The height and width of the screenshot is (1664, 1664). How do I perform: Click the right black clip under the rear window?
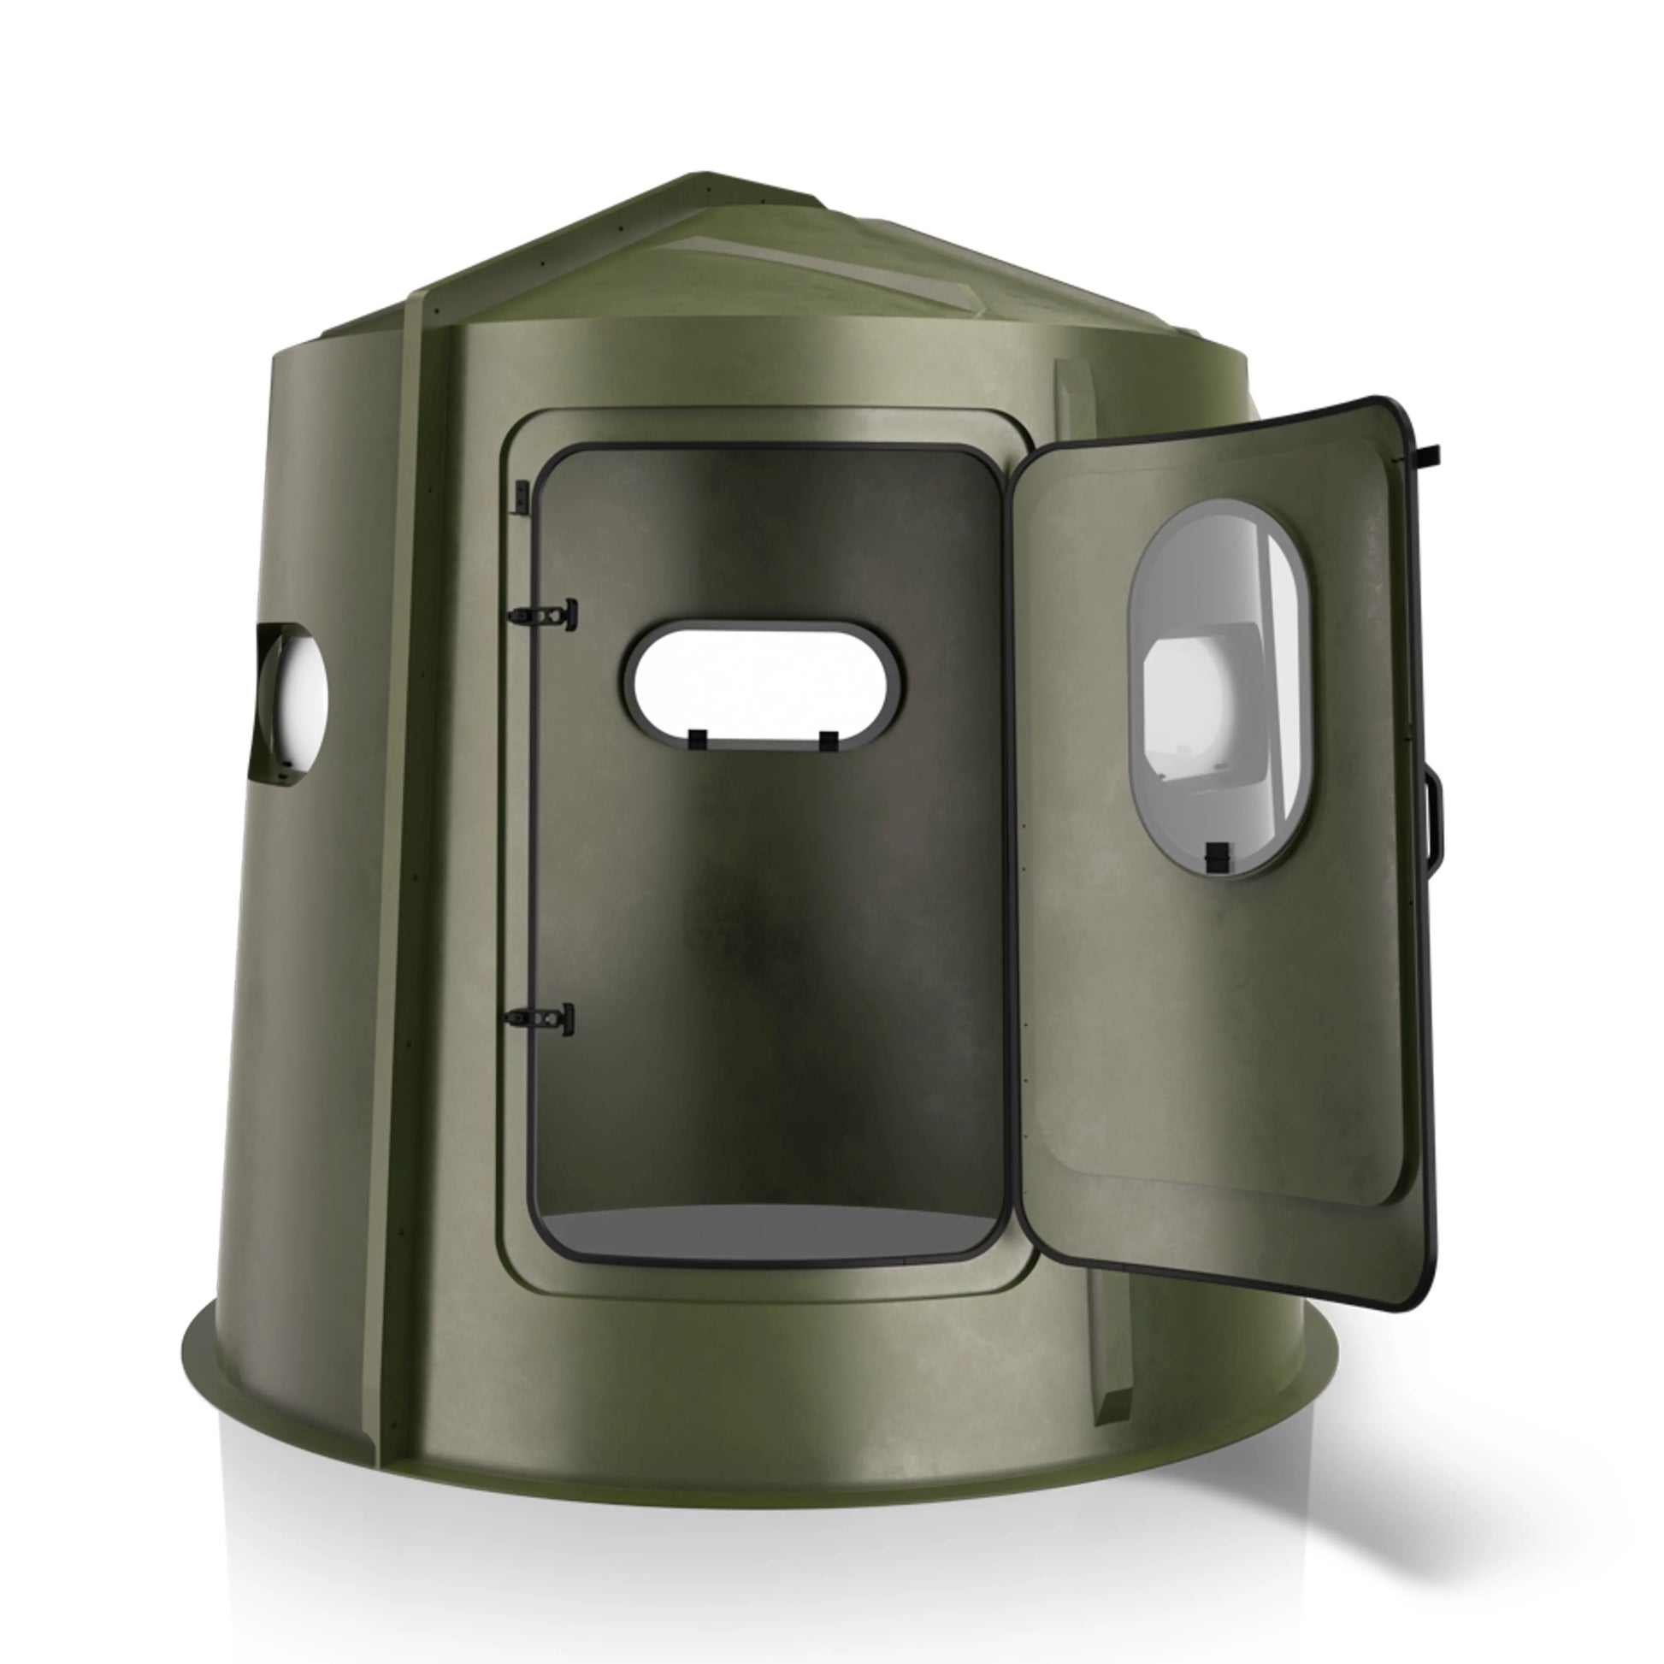829,738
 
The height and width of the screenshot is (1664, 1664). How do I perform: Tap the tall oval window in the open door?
1221,687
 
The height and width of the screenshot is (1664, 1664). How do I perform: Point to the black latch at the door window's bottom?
1215,855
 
